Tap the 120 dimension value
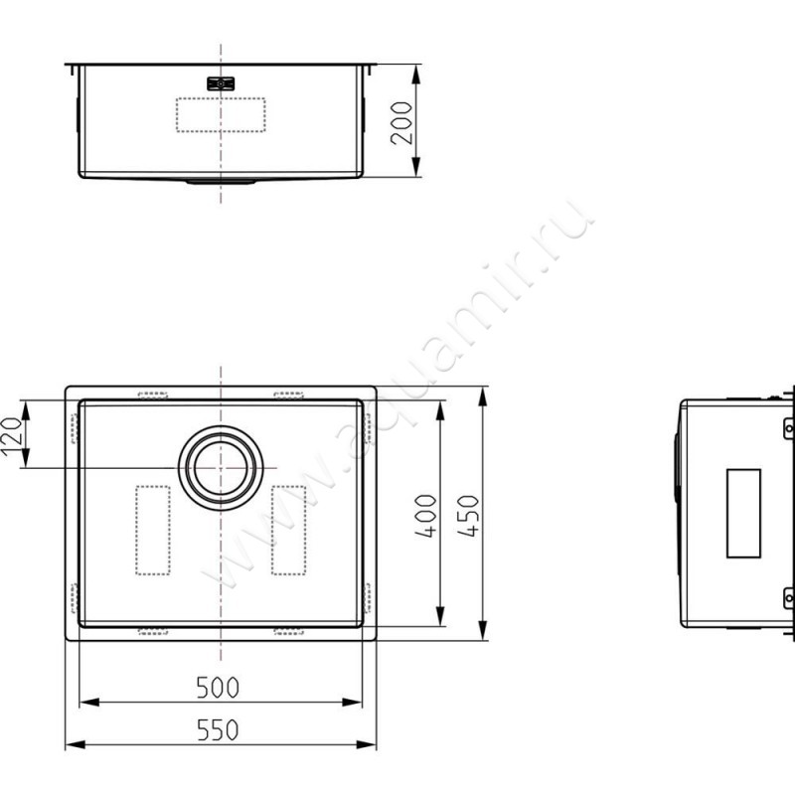click(x=13, y=434)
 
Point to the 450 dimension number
click(x=470, y=515)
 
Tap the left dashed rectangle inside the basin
click(x=152, y=530)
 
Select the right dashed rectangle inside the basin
click(x=288, y=530)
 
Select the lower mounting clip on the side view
click(x=788, y=596)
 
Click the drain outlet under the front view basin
click(x=221, y=182)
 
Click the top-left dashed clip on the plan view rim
click(x=152, y=395)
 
